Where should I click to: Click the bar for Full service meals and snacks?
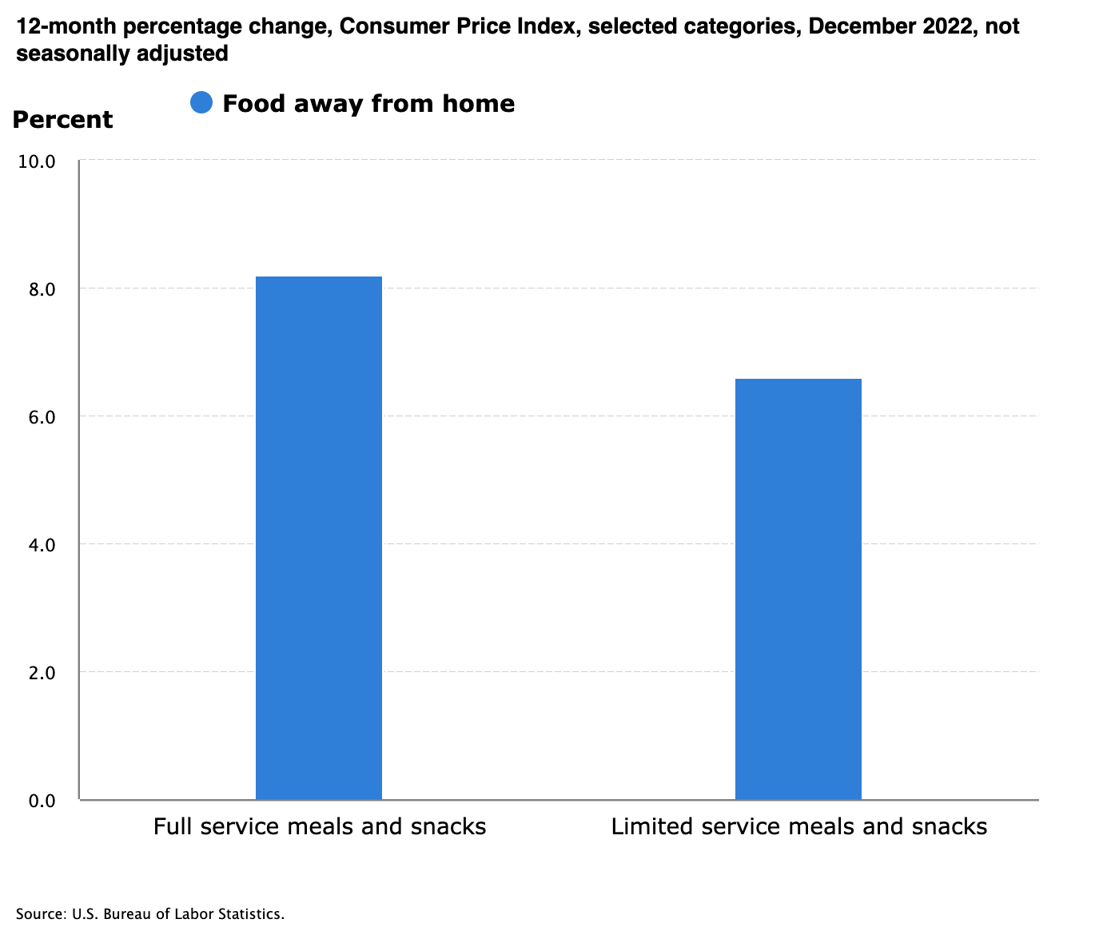[318, 537]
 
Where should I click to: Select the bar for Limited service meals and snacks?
[798, 588]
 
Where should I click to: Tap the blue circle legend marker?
[201, 103]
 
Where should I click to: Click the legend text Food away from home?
[368, 104]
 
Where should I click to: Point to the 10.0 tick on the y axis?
[36, 161]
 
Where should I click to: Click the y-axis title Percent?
[62, 120]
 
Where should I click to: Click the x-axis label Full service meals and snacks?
[320, 826]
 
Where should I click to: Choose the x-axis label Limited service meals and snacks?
[799, 826]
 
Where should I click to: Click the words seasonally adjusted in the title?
[122, 54]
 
